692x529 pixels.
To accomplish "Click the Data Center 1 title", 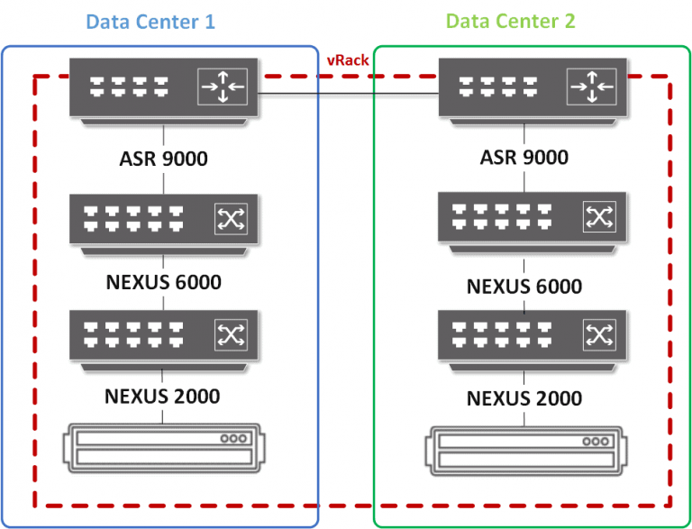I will click(x=150, y=21).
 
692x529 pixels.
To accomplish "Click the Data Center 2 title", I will click(x=510, y=21).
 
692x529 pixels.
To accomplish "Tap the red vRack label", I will click(x=347, y=60).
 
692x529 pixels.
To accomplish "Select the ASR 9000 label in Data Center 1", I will click(x=163, y=159).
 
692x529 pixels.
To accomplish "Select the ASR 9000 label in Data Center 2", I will click(x=524, y=157).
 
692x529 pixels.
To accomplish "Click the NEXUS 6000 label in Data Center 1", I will click(x=163, y=282).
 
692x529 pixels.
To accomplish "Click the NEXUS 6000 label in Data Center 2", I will click(x=524, y=287).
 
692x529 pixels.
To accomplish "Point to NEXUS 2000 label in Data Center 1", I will click(x=162, y=396).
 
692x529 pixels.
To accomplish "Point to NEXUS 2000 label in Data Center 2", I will click(x=524, y=397).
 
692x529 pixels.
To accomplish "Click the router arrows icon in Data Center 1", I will click(x=222, y=87).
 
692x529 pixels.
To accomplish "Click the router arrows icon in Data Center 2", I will click(x=591, y=87).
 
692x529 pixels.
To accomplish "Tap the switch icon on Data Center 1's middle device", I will click(x=230, y=217).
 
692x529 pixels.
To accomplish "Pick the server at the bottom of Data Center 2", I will click(x=525, y=451).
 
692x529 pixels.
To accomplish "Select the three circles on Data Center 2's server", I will click(x=595, y=442).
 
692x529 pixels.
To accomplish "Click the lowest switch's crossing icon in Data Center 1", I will click(x=230, y=335).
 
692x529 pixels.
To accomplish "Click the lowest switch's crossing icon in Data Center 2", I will click(x=597, y=335).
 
